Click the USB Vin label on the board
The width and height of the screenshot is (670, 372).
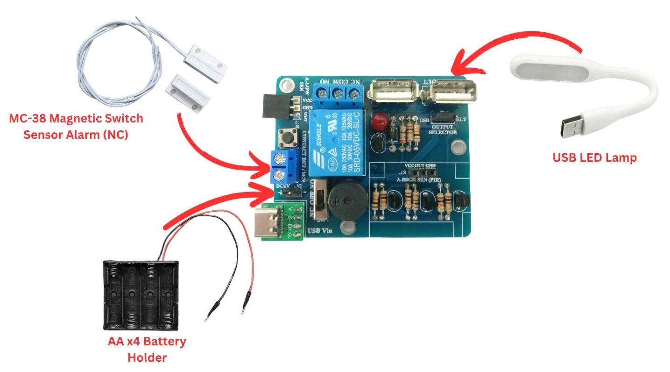click(321, 230)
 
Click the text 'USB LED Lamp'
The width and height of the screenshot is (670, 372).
click(594, 158)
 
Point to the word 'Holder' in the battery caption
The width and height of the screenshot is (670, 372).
click(147, 358)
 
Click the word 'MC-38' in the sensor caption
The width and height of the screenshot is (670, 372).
click(28, 118)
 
